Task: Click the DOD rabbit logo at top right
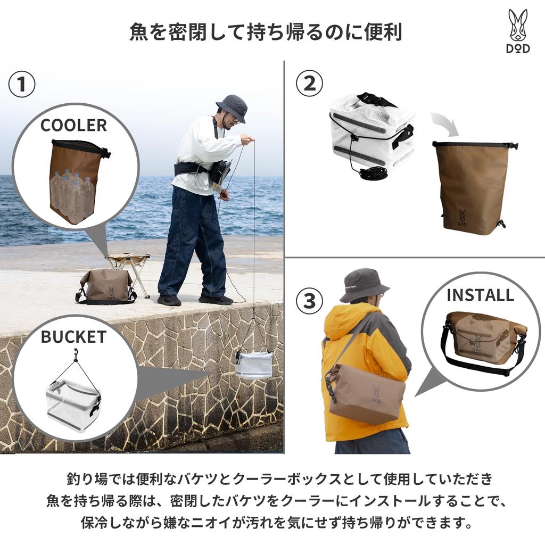coord(518,31)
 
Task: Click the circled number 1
coord(22,85)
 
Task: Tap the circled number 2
coord(309,84)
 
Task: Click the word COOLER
coord(73,126)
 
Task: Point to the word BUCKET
coord(73,337)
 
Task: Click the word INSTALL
coord(480,295)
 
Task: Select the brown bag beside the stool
coord(106,287)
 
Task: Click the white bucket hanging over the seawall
coord(254,364)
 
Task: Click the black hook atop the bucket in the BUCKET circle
coord(77,353)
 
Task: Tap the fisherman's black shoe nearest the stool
coord(169,300)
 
